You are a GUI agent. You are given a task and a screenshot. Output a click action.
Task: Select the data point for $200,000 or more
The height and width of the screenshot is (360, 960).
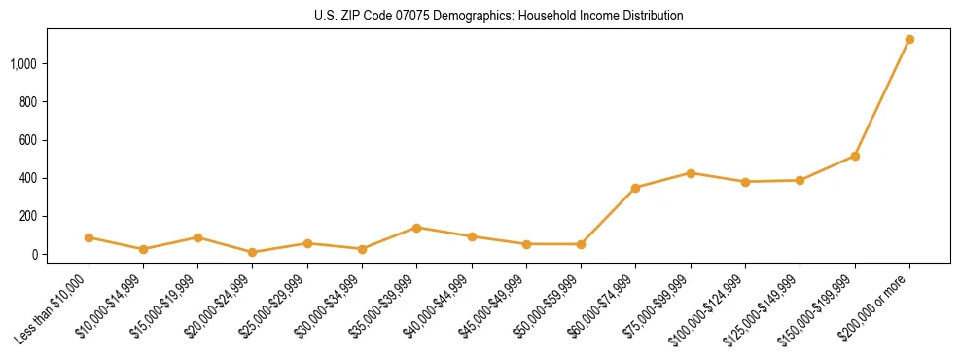pos(909,40)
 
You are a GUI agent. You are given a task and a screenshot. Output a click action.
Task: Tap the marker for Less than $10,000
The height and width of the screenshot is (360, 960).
pos(89,237)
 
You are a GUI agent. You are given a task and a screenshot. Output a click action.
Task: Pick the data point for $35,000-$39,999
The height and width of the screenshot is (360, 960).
pos(417,228)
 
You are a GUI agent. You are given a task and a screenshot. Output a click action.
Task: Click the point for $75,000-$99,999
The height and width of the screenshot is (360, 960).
pos(691,173)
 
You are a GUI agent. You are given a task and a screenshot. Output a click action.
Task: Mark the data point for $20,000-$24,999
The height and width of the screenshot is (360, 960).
pos(253,252)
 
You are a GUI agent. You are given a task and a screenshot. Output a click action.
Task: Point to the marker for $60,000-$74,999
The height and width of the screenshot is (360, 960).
pos(636,188)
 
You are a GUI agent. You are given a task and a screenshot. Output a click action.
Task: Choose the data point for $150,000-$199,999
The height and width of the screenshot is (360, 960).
pos(855,156)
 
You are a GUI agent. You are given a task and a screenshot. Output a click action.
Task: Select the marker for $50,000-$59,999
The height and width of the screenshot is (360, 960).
pos(582,244)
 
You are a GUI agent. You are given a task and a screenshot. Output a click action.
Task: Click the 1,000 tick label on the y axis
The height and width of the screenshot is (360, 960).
pos(24,64)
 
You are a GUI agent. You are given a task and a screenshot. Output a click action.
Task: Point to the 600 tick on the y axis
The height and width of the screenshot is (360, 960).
pos(28,140)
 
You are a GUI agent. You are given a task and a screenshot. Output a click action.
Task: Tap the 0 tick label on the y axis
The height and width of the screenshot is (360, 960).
pos(34,255)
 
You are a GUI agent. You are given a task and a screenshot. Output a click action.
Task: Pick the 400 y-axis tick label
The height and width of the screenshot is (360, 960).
pos(28,178)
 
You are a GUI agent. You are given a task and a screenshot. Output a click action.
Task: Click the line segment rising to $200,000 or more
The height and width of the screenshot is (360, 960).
pos(882,97)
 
